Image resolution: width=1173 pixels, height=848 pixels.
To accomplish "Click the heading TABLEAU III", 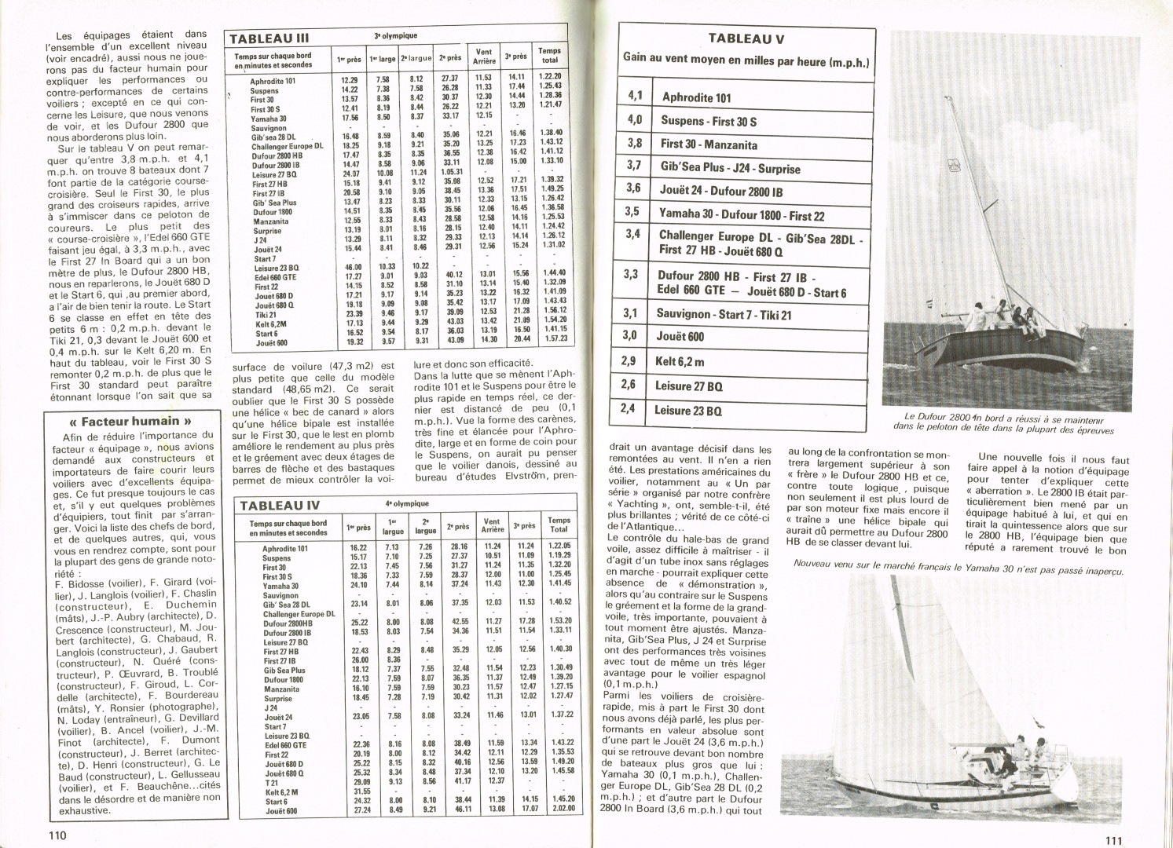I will pos(258,38).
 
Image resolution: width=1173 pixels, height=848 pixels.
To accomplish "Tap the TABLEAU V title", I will pos(746,38).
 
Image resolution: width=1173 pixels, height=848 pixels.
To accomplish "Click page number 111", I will pos(1113,839).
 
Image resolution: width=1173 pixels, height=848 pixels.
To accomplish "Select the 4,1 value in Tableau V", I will pos(635,97).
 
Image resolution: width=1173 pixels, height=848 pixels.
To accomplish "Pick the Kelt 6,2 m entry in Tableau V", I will pos(680,361).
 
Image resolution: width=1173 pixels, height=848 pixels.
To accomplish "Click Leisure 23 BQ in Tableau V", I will pos(687,410).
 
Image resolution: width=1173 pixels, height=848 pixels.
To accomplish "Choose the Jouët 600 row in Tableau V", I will pos(680,336).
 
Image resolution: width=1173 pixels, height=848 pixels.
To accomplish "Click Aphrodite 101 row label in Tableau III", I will pos(273,81).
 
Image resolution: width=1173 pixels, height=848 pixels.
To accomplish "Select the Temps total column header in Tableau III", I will pos(550,55).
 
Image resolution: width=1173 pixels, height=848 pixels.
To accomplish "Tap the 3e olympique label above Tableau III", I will pos(395,36).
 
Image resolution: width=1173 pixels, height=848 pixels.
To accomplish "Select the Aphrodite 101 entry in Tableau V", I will pos(696,97).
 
